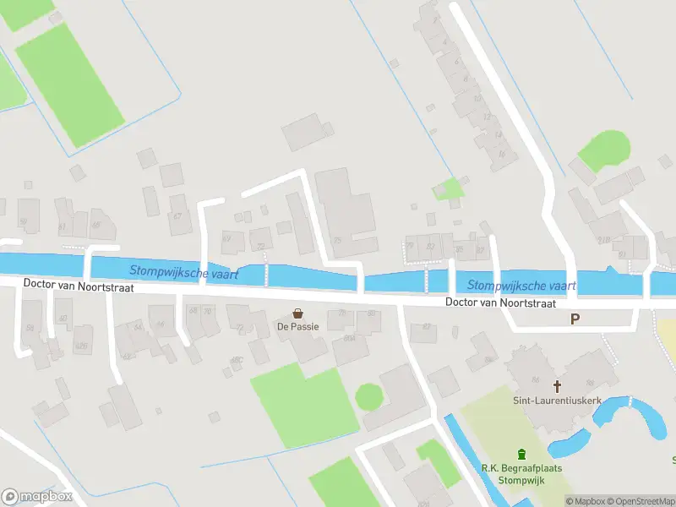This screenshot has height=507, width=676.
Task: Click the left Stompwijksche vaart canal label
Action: (x=184, y=272)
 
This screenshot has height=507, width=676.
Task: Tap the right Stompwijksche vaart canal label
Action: (x=521, y=286)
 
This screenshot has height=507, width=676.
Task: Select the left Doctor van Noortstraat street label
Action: (x=79, y=286)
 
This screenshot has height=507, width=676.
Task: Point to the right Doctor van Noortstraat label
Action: (x=500, y=302)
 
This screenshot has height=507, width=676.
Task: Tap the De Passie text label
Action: (x=297, y=326)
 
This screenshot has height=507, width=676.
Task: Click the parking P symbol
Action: (x=575, y=319)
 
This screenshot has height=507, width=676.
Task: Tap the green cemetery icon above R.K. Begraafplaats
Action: (x=521, y=454)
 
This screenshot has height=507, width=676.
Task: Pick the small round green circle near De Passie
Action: (x=368, y=395)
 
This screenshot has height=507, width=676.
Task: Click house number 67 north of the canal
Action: (x=177, y=216)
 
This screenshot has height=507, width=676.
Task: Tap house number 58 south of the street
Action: (x=30, y=328)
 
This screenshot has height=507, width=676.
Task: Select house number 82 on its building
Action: (x=431, y=246)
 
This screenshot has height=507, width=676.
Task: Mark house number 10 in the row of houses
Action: (x=477, y=98)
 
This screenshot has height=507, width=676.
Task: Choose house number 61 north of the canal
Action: (x=62, y=227)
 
